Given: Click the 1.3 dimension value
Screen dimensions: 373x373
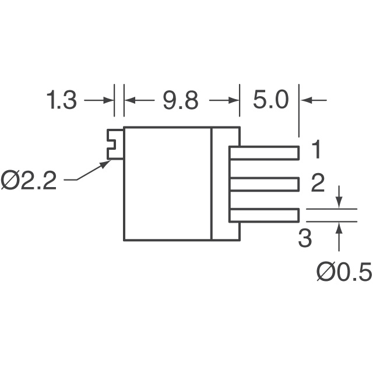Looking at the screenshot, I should [x=62, y=101].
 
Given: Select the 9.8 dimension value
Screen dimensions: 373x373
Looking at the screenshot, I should [x=181, y=101].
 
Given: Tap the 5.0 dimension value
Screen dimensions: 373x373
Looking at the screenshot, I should [x=271, y=101].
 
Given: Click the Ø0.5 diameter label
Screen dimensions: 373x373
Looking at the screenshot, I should [x=343, y=272].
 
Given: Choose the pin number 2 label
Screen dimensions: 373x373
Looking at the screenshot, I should [x=317, y=184].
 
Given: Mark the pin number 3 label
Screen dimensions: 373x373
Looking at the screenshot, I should [x=305, y=238].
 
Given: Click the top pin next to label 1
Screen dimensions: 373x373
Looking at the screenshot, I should [x=264, y=153].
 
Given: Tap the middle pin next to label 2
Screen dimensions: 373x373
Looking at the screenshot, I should [x=264, y=185].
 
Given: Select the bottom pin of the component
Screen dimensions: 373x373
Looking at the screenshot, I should [x=264, y=216].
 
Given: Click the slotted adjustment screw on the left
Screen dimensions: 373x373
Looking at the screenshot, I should [x=115, y=144].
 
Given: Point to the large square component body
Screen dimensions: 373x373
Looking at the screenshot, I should [x=167, y=184].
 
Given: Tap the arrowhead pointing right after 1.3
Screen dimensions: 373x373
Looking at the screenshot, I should [x=109, y=100].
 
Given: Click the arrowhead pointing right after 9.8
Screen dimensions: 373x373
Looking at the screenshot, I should [x=234, y=100].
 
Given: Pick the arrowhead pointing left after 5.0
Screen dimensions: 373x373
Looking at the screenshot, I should [x=304, y=100].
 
